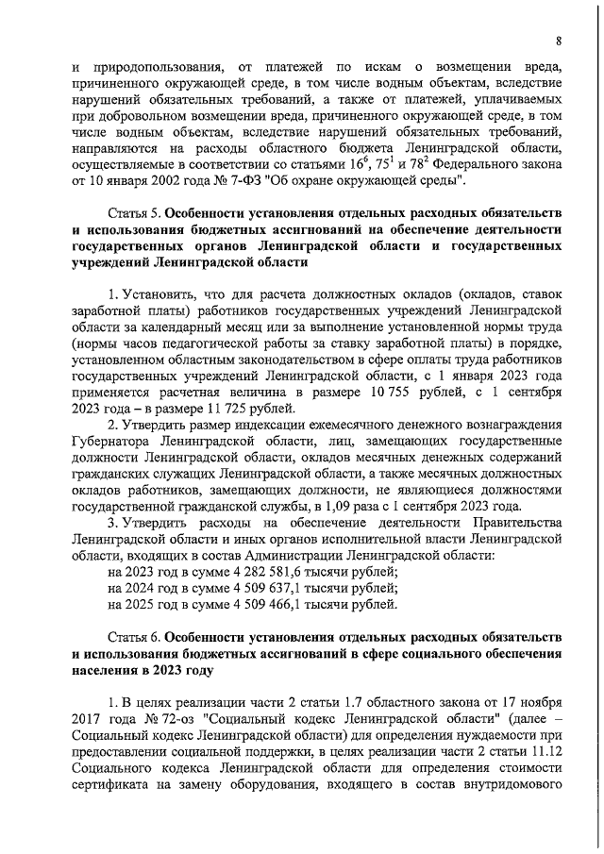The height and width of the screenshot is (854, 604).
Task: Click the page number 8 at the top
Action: (x=558, y=41)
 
